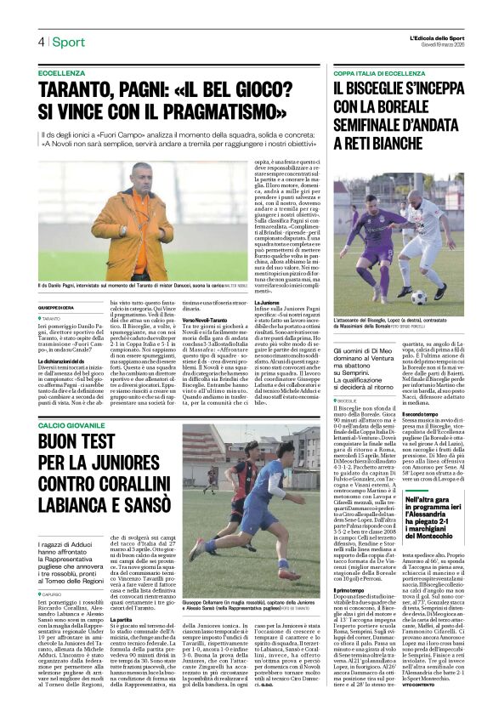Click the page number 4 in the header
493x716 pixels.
[x=40, y=42]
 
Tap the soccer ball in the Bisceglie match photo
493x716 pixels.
[x=394, y=297]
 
